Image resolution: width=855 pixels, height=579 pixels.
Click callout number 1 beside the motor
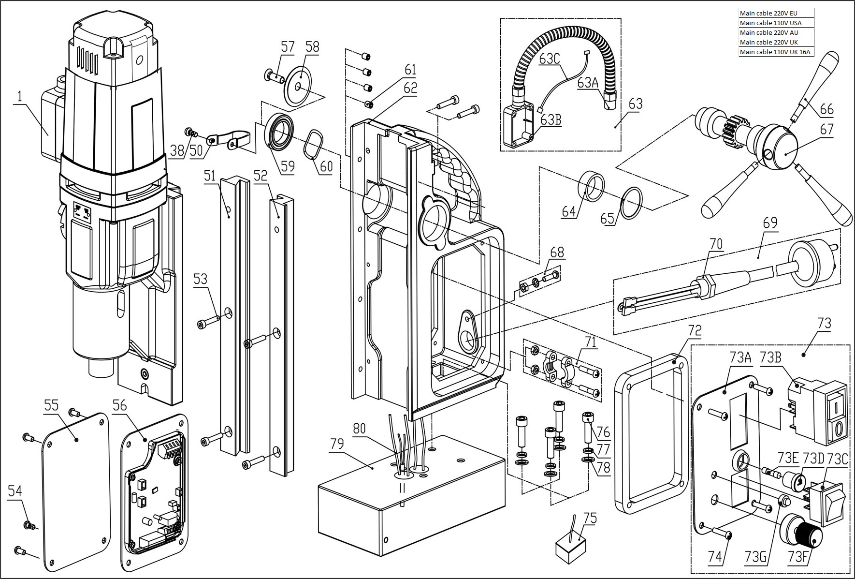pyautogui.click(x=19, y=96)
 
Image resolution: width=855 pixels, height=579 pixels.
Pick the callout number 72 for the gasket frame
pyautogui.click(x=695, y=331)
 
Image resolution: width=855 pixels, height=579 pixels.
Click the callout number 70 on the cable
pyautogui.click(x=716, y=244)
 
